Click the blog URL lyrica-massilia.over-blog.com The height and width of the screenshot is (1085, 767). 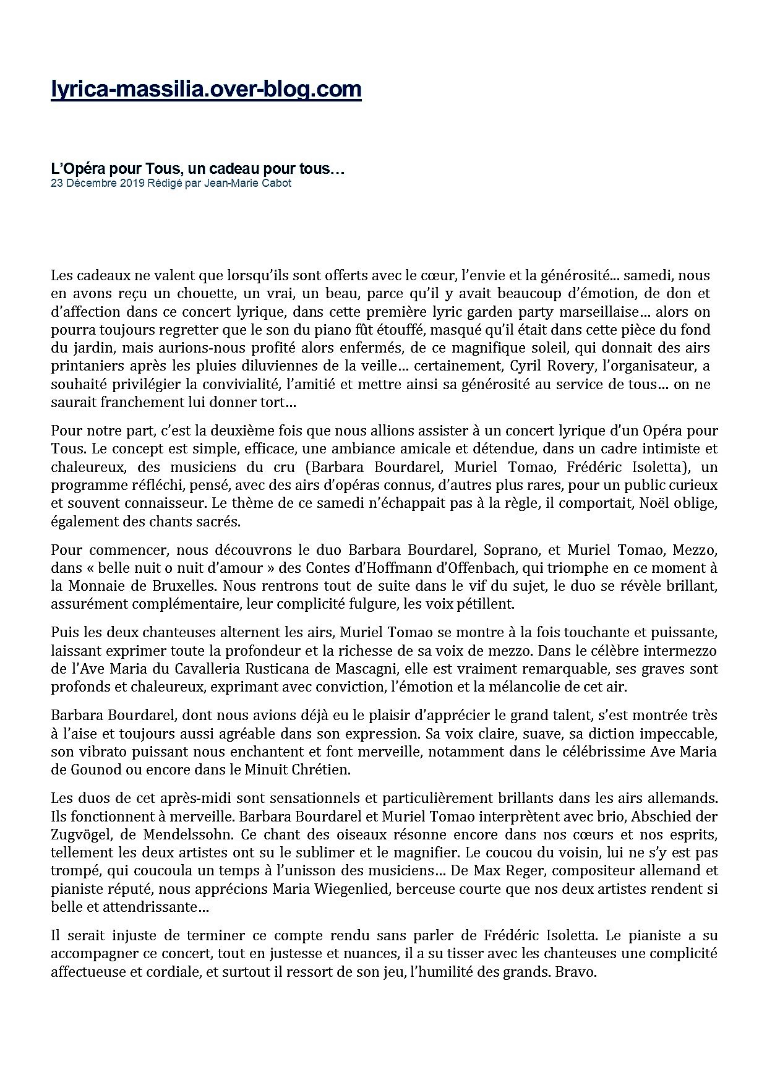coord(206,90)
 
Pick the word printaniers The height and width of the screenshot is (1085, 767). coord(84,366)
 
